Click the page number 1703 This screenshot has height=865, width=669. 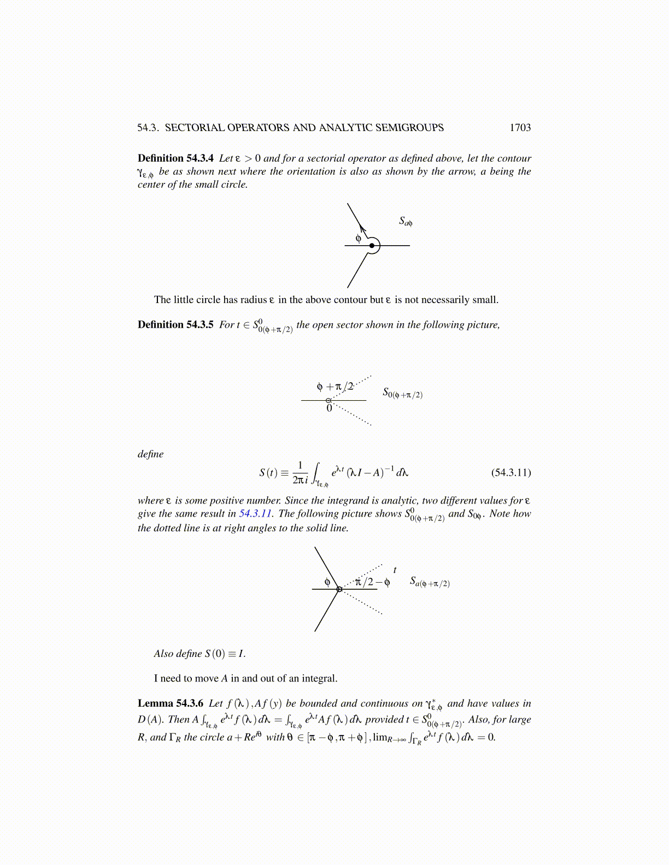coord(520,128)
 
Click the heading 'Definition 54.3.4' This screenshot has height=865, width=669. coord(175,158)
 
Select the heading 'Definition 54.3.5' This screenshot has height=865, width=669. coord(175,325)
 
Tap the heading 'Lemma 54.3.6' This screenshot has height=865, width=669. coord(170,703)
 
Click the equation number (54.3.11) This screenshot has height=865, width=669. coord(510,472)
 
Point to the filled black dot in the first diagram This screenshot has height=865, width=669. coord(372,246)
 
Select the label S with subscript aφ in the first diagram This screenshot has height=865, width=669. coord(405,221)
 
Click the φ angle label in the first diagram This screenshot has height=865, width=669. coord(359,238)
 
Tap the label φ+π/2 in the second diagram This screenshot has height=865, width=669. coord(335,387)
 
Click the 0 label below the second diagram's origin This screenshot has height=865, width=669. coord(329,408)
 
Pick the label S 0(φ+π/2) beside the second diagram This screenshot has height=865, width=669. coord(402,393)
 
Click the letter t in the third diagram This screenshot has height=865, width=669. coord(395,570)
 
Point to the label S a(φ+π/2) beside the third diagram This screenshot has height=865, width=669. coord(430,582)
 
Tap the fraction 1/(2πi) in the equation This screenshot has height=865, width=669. coord(300,472)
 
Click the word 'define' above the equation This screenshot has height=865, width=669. coord(150,454)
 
